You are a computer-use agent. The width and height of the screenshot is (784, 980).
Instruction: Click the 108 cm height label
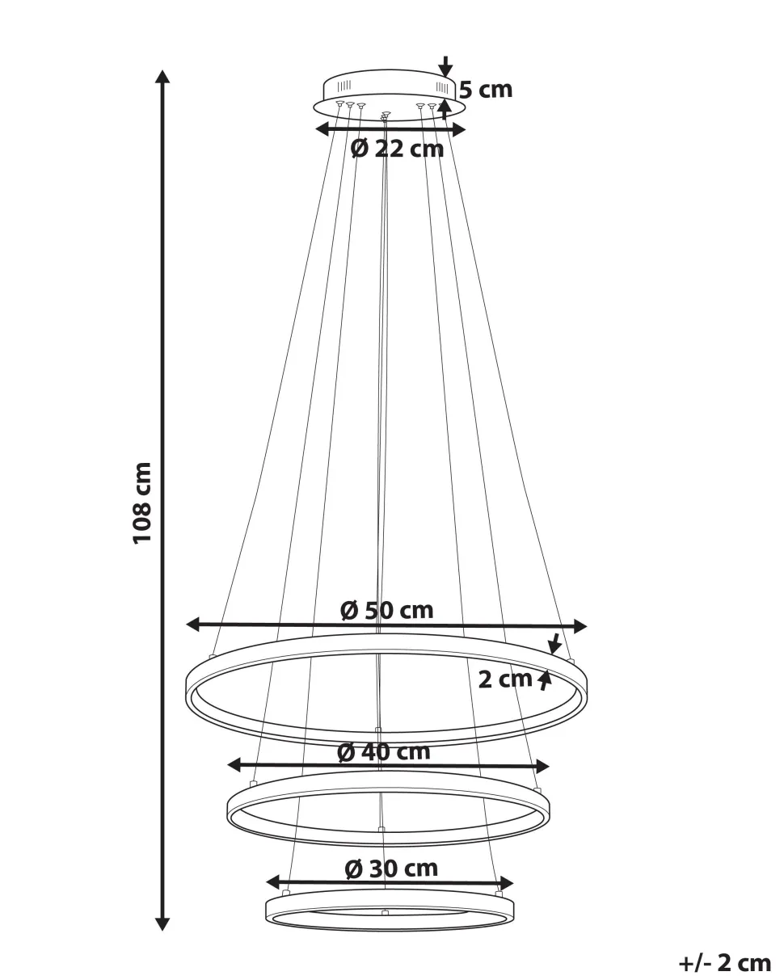pos(142,503)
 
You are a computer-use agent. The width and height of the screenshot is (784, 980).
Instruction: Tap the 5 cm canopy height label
pos(486,90)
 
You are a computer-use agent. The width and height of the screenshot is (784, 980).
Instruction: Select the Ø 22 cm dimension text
pos(397,149)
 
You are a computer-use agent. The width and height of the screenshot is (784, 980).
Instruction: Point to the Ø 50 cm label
pos(387,611)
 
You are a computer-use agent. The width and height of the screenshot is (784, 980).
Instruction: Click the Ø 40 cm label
pos(384,752)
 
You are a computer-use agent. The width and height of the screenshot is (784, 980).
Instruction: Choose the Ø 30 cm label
pos(391,869)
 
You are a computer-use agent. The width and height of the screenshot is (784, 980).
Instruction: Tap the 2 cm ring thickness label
pos(505,679)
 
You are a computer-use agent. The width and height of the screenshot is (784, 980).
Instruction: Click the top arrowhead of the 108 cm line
pos(162,77)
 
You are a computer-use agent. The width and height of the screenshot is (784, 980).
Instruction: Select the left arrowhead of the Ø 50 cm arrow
pos(194,625)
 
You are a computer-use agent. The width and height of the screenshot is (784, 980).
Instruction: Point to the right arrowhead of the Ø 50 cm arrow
pos(580,627)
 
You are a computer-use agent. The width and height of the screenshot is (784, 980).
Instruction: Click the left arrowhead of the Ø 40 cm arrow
pos(234,764)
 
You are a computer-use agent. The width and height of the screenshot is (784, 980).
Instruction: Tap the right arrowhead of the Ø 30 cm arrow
pos(507,882)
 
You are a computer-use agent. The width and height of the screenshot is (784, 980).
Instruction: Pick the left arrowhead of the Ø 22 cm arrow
pos(322,129)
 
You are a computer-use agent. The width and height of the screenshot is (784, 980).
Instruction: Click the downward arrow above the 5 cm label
pos(445,66)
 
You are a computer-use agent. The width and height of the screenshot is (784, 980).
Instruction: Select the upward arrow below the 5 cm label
pos(445,109)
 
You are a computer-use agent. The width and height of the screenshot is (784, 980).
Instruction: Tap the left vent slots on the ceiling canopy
pos(344,85)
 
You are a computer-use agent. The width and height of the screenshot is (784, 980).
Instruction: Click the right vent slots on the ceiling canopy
pos(442,86)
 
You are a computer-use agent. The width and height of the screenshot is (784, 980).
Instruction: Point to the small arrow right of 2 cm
pos(546,680)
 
